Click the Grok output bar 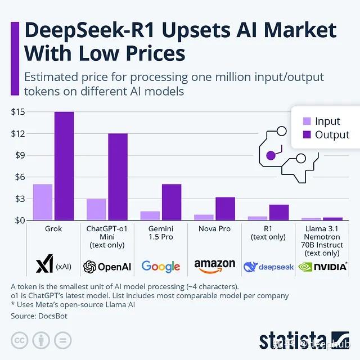click(64, 166)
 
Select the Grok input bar click(43, 202)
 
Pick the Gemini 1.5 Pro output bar click(171, 202)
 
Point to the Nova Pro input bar click(204, 217)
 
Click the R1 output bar click(278, 212)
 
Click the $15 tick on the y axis click(17, 112)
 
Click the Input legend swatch click(307, 121)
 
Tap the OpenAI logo click(107, 266)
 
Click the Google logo click(161, 266)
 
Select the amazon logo click(214, 265)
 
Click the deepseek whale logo click(250, 266)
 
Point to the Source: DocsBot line click(40, 317)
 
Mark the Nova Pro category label click(214, 229)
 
